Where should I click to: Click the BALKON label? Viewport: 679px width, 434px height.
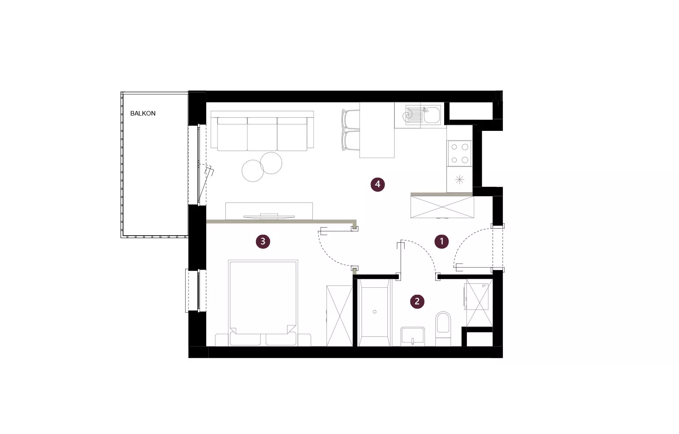coord(143,113)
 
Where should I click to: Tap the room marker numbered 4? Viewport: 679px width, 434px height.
coord(378,184)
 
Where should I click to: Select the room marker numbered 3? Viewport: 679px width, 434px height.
coord(263,241)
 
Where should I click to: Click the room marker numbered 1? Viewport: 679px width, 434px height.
coord(442,241)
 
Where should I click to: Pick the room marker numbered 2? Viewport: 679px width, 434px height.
coord(417,301)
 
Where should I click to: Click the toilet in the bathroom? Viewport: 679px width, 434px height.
coord(443,329)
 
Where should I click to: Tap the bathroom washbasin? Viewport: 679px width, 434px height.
coord(413,336)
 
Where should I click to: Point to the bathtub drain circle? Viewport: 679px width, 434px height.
coord(375,312)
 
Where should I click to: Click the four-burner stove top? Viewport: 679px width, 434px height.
coord(459,153)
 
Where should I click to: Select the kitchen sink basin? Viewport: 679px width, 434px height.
coord(432,115)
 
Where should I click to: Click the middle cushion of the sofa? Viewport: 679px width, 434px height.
coord(262,134)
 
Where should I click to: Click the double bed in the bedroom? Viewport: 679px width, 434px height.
coord(263,303)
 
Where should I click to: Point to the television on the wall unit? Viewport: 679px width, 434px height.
coord(269,216)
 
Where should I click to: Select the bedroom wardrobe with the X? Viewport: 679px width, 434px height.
coord(340,316)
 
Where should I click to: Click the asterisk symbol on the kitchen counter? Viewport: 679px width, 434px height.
coord(459,180)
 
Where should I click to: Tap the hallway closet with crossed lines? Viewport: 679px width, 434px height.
coord(442,207)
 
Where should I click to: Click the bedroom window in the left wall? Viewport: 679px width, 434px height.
coord(196,291)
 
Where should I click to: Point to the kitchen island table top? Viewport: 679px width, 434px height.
coord(377,130)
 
